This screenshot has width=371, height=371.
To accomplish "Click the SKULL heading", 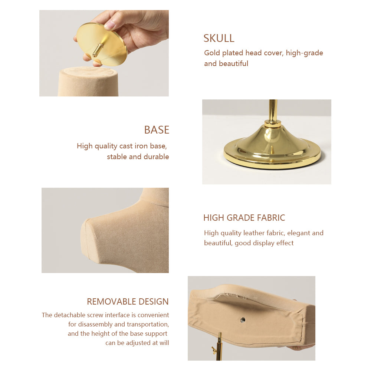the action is click(219, 38).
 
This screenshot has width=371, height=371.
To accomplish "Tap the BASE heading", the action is click(157, 130).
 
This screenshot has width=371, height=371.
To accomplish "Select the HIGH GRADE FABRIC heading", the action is click(244, 218).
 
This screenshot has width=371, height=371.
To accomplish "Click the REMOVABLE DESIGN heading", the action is click(128, 302).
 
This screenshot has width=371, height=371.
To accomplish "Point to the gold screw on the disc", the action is click(97, 50).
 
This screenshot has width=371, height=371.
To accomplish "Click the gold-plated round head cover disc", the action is click(102, 44).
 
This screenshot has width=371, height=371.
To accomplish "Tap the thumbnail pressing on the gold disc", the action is click(109, 24).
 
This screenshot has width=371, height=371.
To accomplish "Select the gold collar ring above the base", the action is click(273, 124).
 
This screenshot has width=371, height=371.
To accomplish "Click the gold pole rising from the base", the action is click(273, 110).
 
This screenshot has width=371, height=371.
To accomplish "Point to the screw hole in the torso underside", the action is click(243, 320).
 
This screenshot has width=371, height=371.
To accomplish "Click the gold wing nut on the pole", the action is click(214, 349).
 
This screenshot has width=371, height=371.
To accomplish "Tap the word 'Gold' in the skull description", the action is click(212, 53).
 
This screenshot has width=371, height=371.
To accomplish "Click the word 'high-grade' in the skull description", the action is click(304, 53).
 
